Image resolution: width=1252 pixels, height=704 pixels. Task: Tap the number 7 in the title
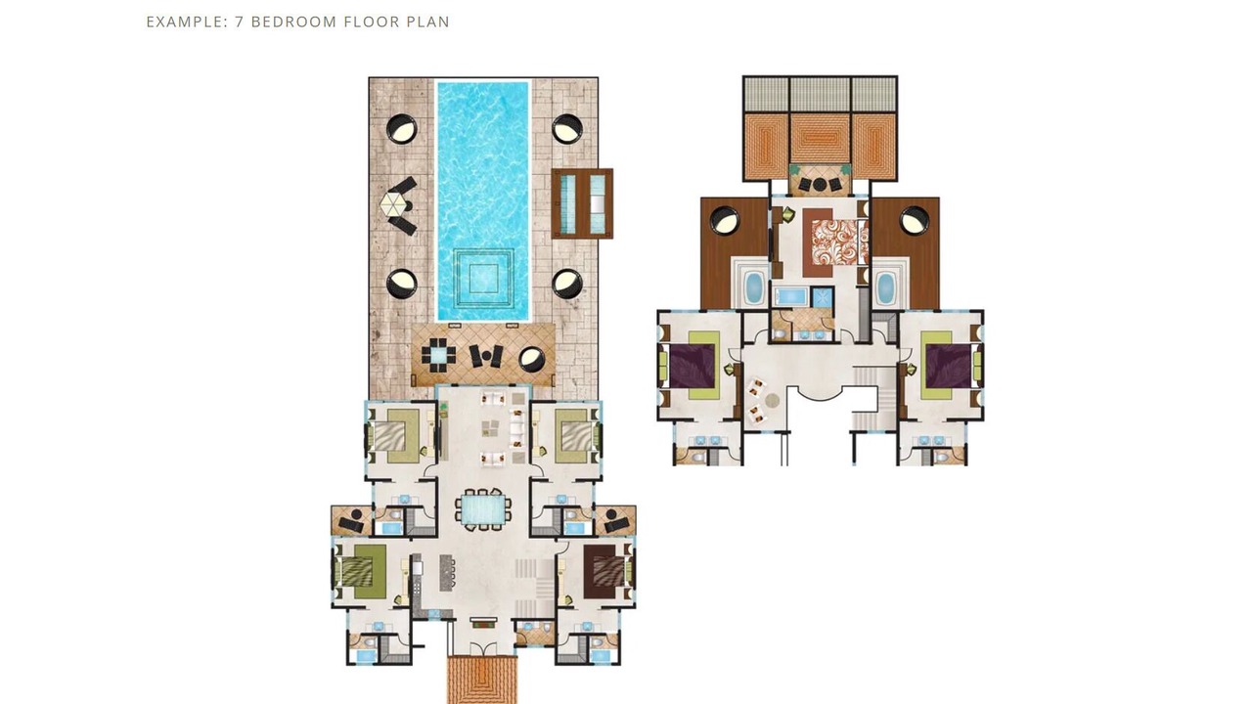click(240, 22)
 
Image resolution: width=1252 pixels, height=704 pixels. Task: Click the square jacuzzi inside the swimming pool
click(483, 278)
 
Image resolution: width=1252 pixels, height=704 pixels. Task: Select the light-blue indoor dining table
click(483, 509)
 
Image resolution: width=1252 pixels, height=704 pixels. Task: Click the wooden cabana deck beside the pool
click(582, 203)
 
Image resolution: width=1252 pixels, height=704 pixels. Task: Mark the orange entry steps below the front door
click(483, 680)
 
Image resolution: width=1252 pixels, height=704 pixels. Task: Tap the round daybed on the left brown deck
click(725, 221)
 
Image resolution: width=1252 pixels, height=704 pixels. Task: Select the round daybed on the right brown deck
click(915, 221)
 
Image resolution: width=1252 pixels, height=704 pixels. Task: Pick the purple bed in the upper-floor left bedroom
click(692, 366)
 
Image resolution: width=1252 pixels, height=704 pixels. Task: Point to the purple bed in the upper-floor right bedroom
click(949, 366)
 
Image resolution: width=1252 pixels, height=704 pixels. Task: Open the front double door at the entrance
click(482, 649)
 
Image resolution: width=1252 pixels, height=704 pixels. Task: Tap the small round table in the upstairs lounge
click(772, 400)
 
